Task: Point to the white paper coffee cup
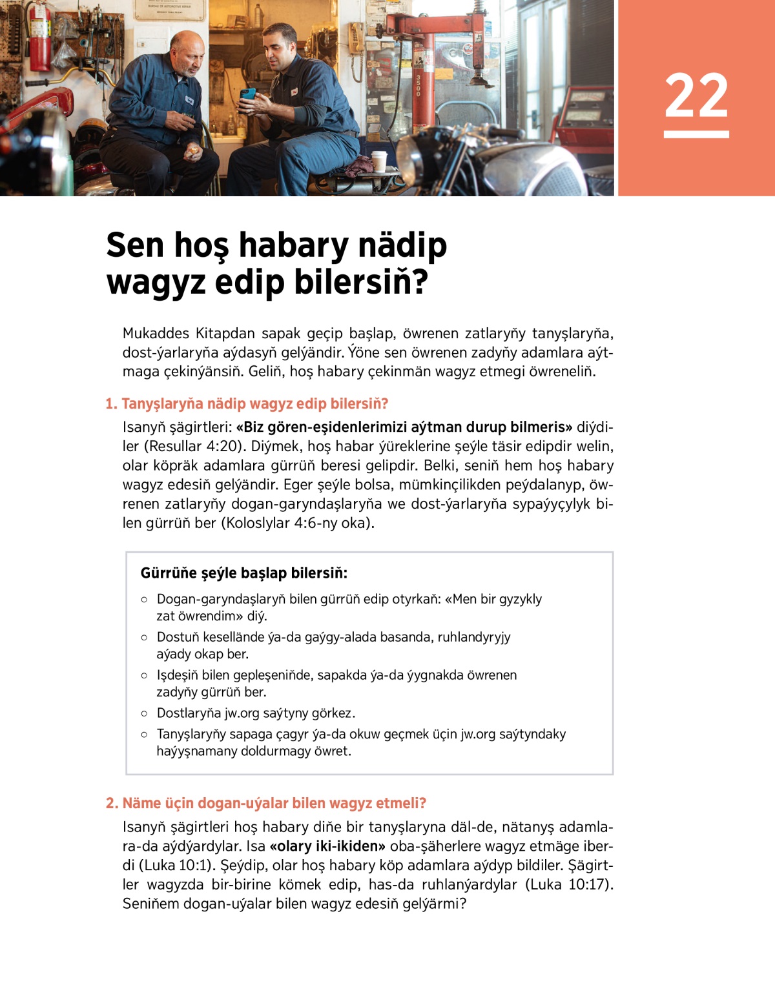(379, 161)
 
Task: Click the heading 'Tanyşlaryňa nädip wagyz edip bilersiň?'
(247, 404)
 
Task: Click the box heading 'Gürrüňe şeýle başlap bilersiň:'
(244, 573)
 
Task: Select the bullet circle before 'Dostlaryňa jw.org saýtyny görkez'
(144, 714)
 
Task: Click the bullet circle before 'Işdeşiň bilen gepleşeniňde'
(144, 676)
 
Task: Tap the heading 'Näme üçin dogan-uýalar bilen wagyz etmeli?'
(266, 804)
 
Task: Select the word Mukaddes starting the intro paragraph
(156, 334)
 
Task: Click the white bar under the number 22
(696, 134)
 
